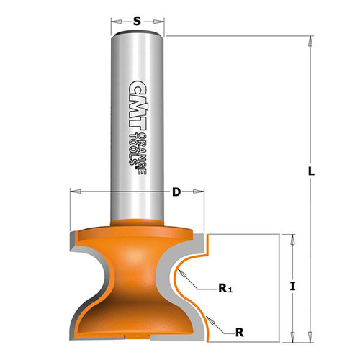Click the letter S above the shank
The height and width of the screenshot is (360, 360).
137,21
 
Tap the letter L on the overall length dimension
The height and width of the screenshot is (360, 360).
310,173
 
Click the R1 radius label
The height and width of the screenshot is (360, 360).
225,289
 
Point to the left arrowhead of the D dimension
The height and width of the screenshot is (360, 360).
73,192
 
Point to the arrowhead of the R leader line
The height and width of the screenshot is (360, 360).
206,317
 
